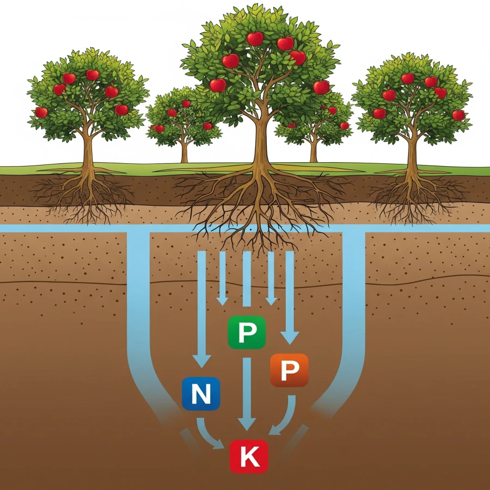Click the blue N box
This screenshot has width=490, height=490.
(x=200, y=393)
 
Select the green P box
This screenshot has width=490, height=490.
(x=247, y=332)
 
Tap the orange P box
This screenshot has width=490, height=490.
(x=289, y=370)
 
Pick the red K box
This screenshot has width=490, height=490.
(x=249, y=456)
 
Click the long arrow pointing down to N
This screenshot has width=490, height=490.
(x=202, y=305)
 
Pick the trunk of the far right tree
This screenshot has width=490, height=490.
(x=412, y=150)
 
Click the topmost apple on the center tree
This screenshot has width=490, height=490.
(x=255, y=39)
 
